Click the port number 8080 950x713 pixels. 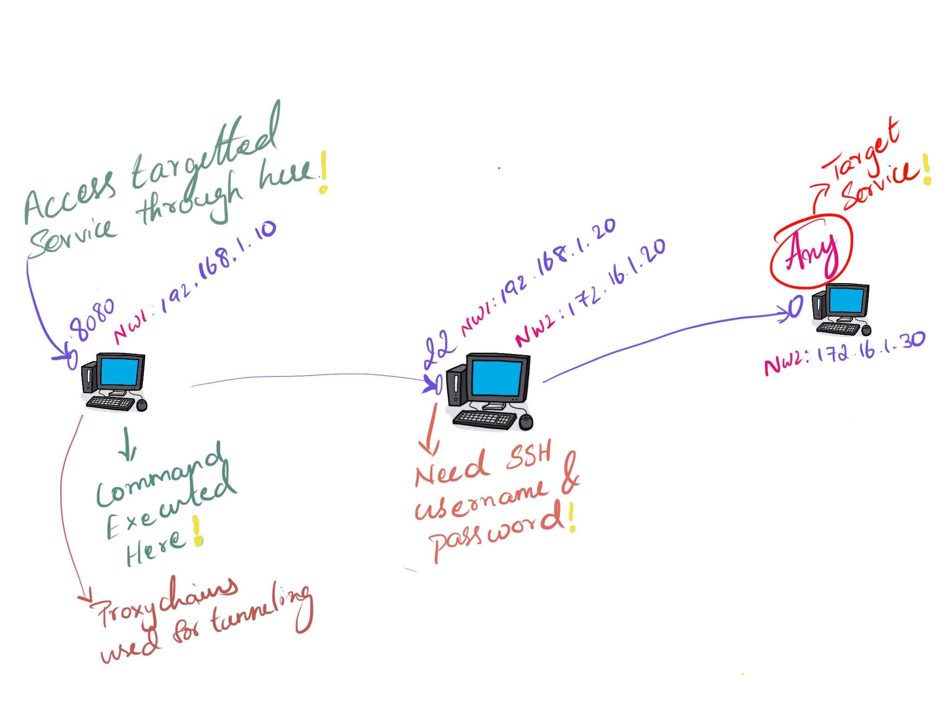(x=91, y=320)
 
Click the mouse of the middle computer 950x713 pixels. (x=526, y=422)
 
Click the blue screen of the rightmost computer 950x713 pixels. (x=847, y=300)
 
